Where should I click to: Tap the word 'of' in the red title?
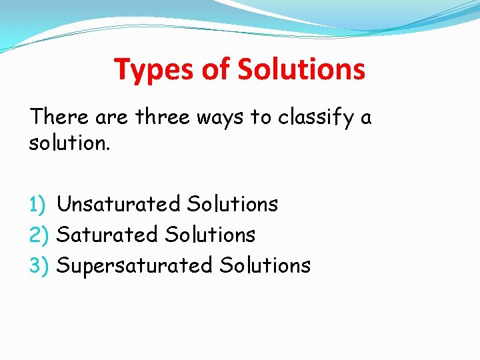click(x=212, y=69)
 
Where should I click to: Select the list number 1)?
click(x=39, y=204)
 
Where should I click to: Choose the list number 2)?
click(x=39, y=235)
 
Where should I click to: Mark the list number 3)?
click(x=39, y=265)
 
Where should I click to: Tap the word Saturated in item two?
click(x=107, y=235)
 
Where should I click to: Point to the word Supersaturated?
click(x=134, y=266)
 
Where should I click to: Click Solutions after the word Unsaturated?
click(x=233, y=204)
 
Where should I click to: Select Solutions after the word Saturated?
click(x=210, y=235)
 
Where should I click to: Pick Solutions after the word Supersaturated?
click(x=265, y=265)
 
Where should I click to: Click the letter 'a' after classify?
click(x=366, y=119)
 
